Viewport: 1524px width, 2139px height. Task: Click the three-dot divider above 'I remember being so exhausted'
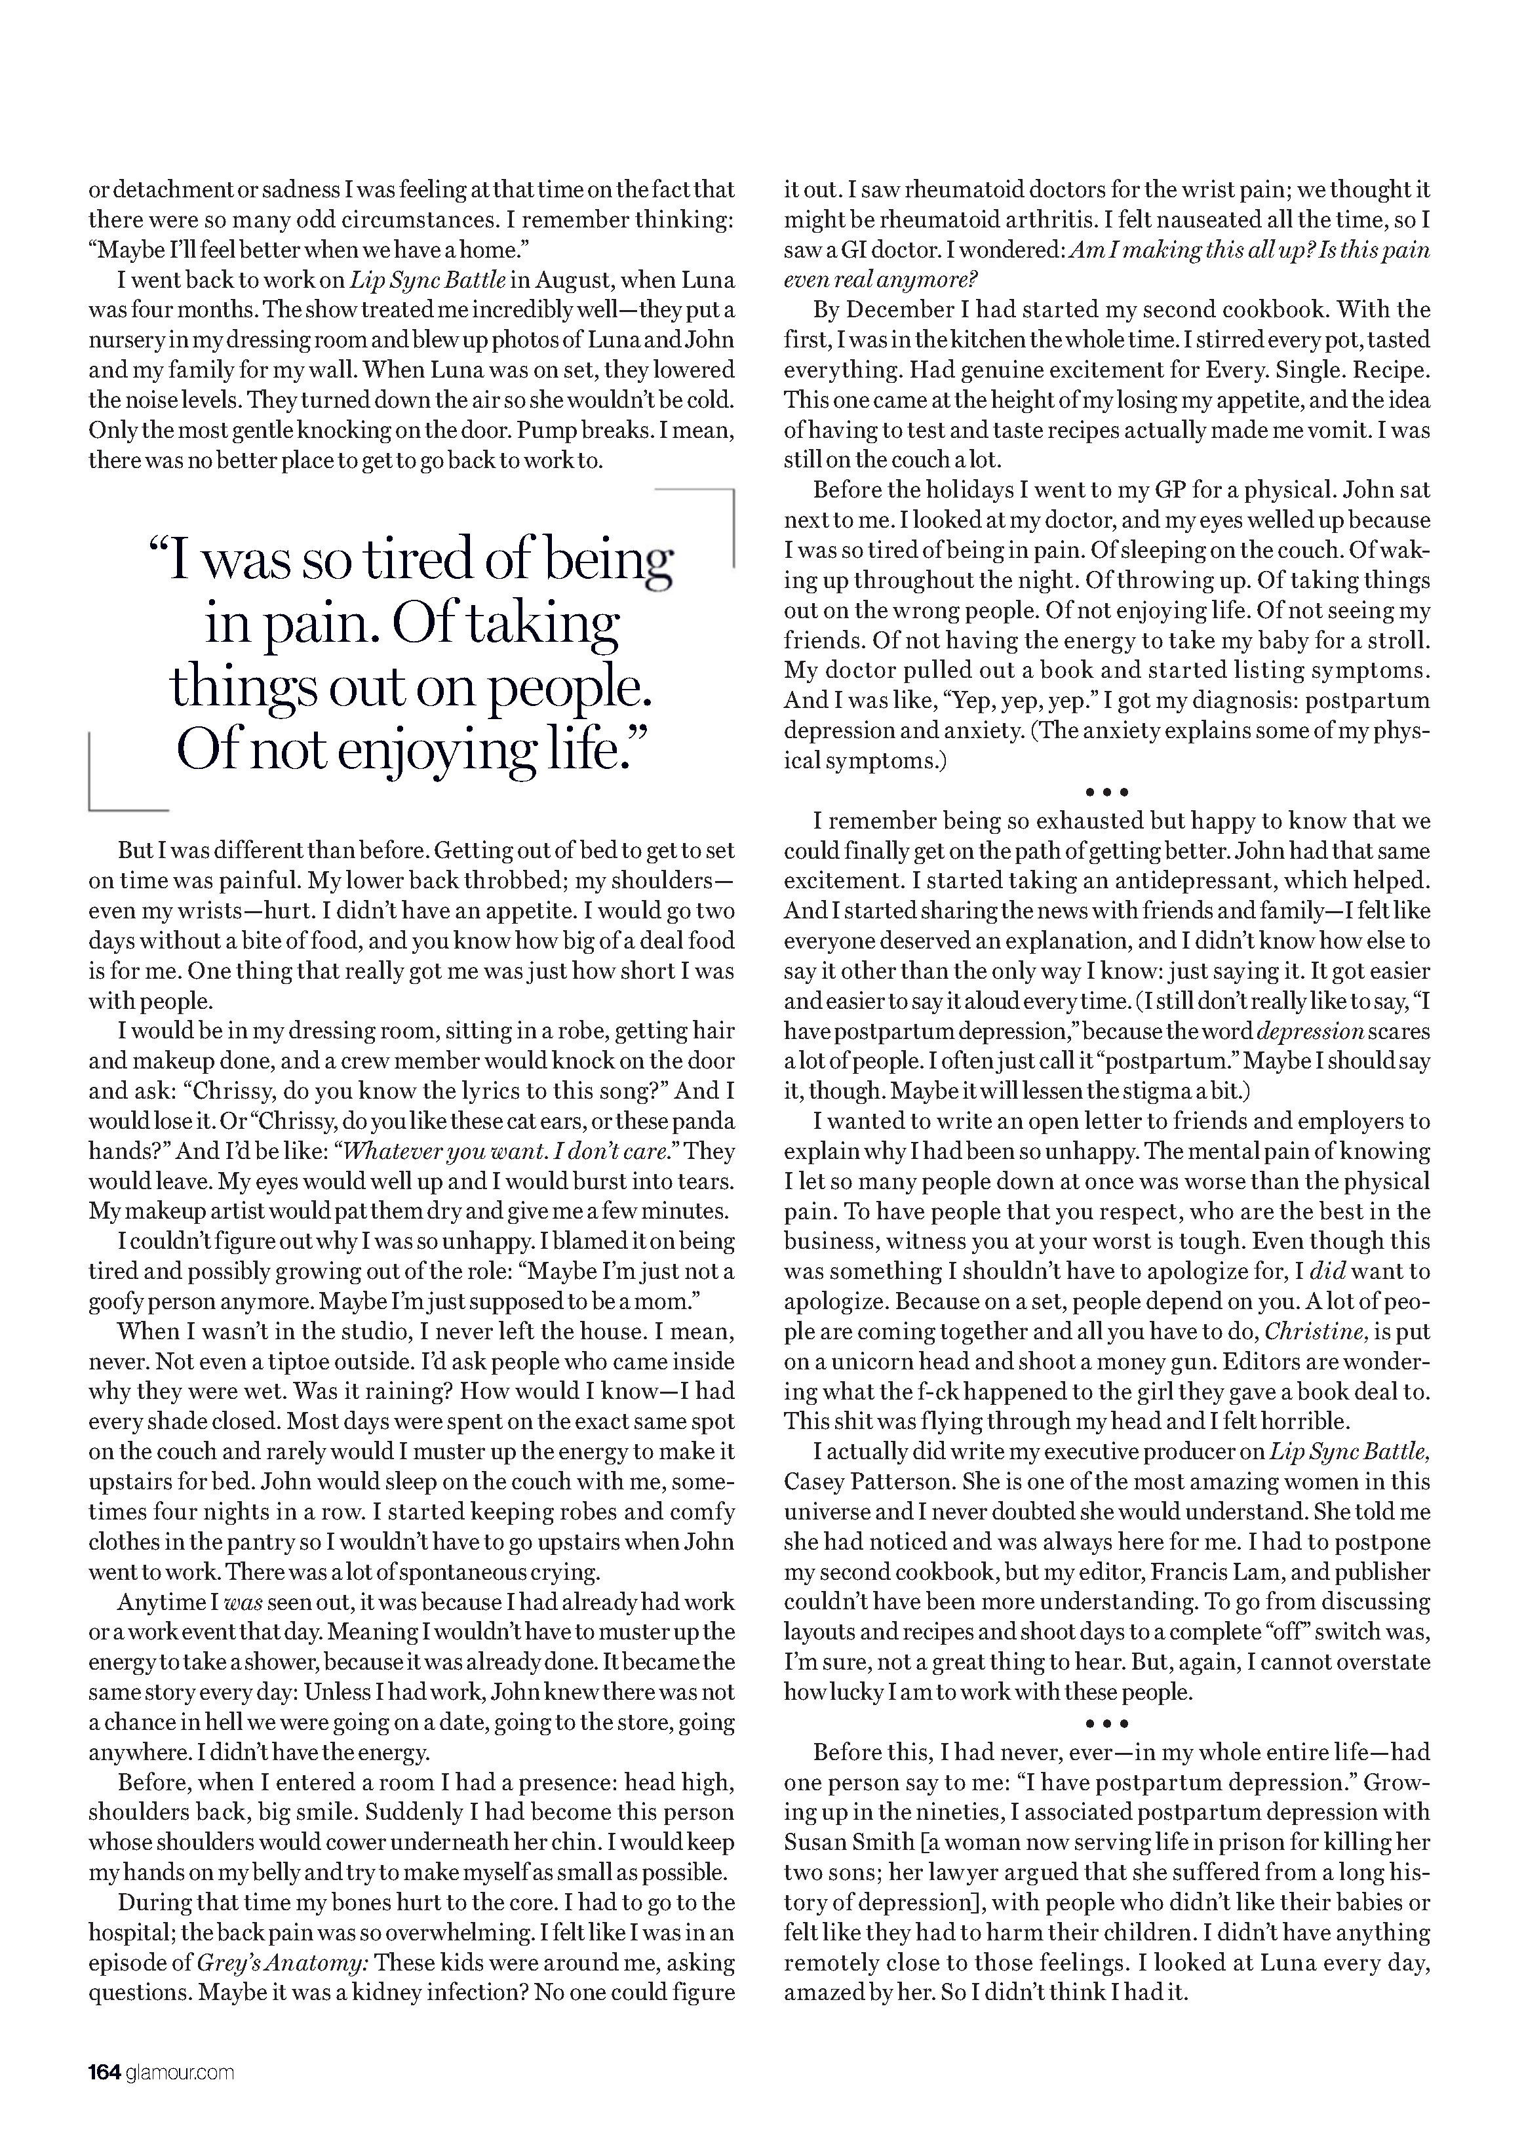coord(1107,792)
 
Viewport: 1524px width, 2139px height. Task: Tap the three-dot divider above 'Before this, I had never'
coord(1107,1723)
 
